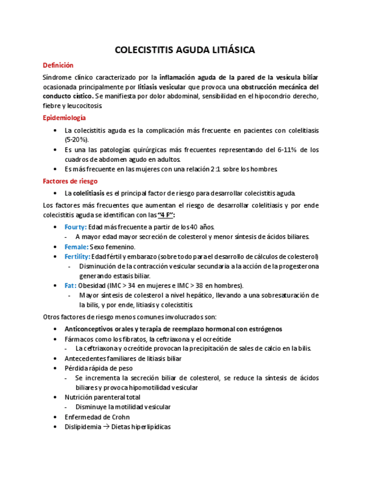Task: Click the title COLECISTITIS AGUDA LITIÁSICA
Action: [185, 50]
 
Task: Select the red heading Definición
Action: [58, 65]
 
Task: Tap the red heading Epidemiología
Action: [64, 118]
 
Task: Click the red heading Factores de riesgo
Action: [70, 181]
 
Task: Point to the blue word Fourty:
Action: [76, 227]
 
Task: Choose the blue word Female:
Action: [76, 247]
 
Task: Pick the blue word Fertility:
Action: [77, 256]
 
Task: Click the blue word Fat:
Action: [70, 285]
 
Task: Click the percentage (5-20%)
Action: [77, 139]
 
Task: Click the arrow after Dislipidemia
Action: [106, 427]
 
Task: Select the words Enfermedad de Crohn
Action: [97, 417]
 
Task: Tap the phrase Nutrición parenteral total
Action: [102, 397]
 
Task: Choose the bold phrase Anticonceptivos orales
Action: [100, 329]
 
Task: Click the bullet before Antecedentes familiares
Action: [54, 358]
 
